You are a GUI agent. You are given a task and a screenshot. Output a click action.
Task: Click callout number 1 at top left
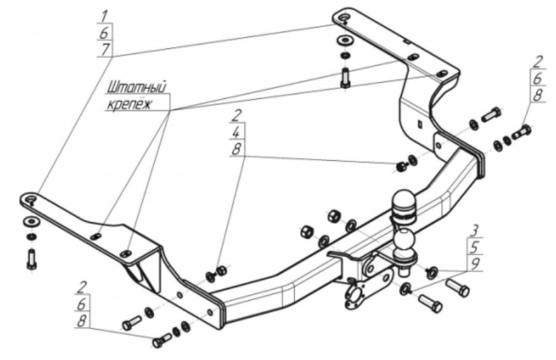point(104,16)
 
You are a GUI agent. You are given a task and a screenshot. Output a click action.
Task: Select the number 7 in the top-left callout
point(105,49)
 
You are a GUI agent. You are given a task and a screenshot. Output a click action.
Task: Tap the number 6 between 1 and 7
point(104,33)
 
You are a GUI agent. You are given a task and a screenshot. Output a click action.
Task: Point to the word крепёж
point(129,104)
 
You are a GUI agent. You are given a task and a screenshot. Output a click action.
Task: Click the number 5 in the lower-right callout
point(475,248)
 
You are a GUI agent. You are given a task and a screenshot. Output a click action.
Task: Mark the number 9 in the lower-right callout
point(475,264)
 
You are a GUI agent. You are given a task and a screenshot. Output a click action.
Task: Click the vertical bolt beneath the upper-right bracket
point(345,78)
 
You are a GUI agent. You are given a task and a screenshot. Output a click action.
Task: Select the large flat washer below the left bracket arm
point(32,222)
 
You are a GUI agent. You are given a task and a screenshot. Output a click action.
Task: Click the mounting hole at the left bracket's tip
point(30,198)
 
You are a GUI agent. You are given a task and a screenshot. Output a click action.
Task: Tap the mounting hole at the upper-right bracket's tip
point(343,17)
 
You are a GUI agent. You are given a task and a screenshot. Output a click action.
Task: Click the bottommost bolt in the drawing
point(162,341)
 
